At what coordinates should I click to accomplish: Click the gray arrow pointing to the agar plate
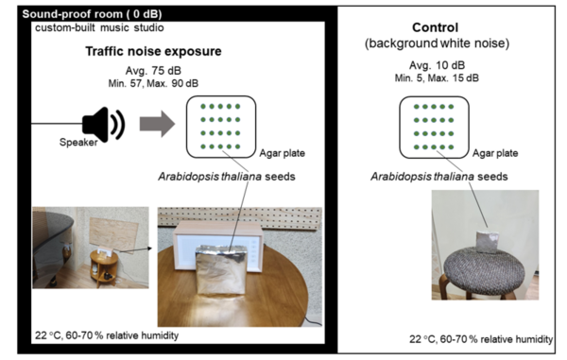pyautogui.click(x=158, y=123)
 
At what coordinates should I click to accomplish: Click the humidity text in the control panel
pyautogui.click(x=482, y=338)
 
